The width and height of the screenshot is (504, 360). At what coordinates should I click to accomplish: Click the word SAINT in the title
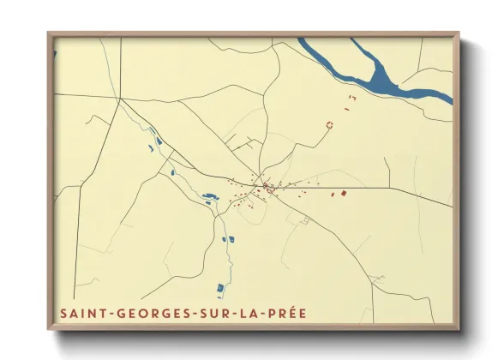click(81, 313)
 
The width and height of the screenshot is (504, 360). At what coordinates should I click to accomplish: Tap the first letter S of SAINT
click(63, 313)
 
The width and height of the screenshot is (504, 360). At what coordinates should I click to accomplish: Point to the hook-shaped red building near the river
click(352, 99)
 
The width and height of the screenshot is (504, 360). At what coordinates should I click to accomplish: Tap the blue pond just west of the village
click(208, 199)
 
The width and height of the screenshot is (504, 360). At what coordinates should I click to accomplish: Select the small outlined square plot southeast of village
click(303, 220)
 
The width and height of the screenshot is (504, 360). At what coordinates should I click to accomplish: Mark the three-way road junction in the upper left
click(119, 99)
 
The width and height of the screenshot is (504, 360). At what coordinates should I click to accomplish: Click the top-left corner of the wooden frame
click(49, 33)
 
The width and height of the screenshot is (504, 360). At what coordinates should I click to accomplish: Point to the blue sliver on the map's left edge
click(54, 55)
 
